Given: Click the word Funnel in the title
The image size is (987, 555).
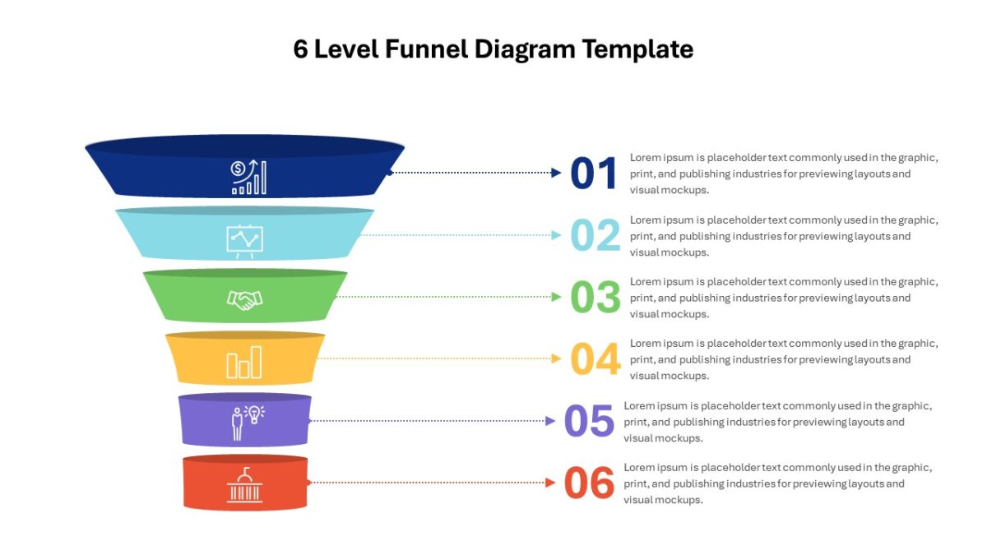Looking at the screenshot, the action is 426,49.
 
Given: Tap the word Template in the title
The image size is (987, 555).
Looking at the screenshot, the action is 637,49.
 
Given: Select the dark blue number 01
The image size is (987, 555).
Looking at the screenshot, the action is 594,173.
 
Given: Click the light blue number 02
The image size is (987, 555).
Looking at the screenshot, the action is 595,235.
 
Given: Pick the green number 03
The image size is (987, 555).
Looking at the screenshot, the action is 595,297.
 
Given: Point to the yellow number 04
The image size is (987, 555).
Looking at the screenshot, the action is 595,358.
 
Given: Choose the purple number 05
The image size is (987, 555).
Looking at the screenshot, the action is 589,421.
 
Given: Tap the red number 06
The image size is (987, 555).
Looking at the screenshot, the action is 589,483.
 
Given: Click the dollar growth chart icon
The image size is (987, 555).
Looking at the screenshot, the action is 249,177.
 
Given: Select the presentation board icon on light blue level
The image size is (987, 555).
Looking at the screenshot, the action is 244,242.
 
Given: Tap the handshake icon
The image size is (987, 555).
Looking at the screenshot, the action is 244,300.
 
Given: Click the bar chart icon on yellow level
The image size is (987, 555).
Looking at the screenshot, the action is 244,362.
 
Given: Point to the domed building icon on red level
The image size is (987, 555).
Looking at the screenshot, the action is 244,485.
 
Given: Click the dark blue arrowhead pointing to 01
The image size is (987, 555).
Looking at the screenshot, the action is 556,173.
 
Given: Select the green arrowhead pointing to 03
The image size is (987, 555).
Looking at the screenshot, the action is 556,297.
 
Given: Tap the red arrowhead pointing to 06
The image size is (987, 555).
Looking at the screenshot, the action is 550,483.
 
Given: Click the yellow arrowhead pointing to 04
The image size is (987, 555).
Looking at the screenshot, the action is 556,358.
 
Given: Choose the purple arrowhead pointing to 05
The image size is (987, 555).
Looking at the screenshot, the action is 550,421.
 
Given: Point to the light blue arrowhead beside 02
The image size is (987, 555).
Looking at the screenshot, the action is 556,235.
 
